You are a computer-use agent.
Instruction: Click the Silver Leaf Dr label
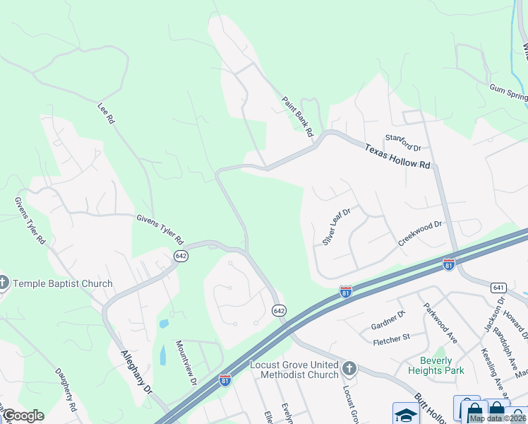pyautogui.click(x=337, y=226)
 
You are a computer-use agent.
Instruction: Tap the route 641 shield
pyautogui.click(x=499, y=287)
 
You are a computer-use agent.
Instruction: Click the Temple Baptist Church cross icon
pyautogui.click(x=4, y=284)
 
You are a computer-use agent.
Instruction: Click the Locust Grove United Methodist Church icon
pyautogui.click(x=349, y=369)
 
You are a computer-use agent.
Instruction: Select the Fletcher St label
pyautogui.click(x=392, y=339)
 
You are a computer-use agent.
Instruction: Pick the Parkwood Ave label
pyautogui.click(x=440, y=324)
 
